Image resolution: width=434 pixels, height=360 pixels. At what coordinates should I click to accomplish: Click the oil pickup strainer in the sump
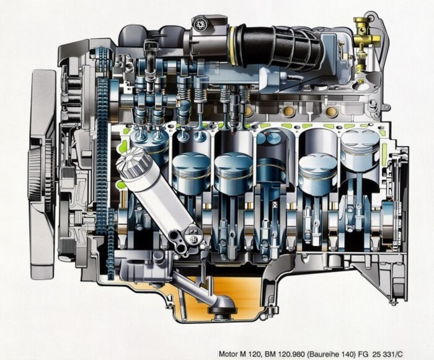tap(221, 307)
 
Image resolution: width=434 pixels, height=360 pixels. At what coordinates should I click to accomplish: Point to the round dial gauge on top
tap(200, 25)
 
